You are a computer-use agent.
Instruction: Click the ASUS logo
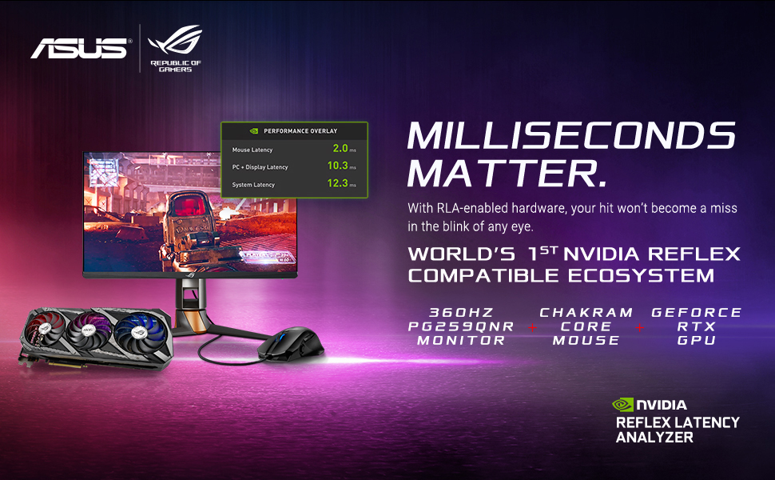point(79,49)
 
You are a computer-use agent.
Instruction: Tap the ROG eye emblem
point(176,39)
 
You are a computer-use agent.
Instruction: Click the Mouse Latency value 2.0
point(340,148)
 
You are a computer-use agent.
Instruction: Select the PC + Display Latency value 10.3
point(338,166)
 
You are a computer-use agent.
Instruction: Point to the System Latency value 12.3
point(338,183)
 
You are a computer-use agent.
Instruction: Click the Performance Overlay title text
point(300,131)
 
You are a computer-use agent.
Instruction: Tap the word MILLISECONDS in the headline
point(571,135)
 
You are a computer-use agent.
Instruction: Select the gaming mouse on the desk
point(291,343)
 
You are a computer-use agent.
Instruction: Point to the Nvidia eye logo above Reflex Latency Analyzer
point(622,405)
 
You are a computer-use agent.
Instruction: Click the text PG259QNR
point(461,326)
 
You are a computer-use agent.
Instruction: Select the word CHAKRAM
point(586,313)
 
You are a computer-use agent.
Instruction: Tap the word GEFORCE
point(697,313)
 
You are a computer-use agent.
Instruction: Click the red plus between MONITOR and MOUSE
point(532,327)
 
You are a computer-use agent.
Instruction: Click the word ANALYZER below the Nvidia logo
point(654,438)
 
